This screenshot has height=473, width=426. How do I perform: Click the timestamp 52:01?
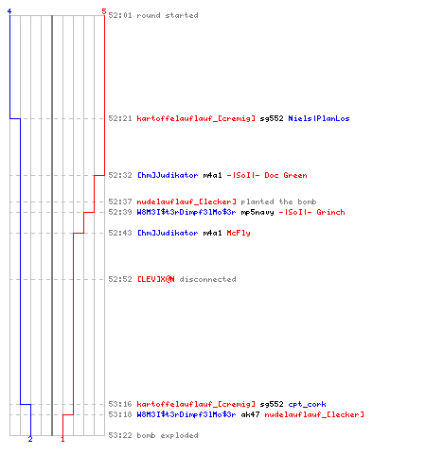tap(120, 15)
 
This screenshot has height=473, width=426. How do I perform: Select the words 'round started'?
tap(168, 15)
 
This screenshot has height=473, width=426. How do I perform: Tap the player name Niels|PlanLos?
tap(319, 118)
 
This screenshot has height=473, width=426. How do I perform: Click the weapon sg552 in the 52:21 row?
tap(272, 119)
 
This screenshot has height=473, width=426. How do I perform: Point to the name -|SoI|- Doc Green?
tap(267, 175)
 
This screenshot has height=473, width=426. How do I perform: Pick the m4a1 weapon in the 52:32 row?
tap(212, 175)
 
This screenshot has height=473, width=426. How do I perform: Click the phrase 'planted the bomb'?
tap(278, 201)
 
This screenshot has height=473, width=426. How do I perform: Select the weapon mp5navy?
tap(257, 213)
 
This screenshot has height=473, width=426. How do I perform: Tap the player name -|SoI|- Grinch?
tap(311, 212)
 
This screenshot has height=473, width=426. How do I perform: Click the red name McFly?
tap(239, 233)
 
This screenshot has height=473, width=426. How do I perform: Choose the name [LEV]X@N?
tap(155, 279)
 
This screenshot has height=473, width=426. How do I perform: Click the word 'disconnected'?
tap(207, 279)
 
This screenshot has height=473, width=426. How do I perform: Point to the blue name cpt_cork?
tap(307, 404)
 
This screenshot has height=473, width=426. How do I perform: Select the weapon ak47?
tap(250, 414)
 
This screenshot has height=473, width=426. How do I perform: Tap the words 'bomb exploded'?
tap(168, 435)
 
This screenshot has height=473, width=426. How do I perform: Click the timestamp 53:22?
tap(120, 435)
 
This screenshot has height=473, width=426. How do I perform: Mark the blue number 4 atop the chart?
tap(9, 11)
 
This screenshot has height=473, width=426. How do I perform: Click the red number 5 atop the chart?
tap(104, 11)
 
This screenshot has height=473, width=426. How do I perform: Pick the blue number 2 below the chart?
tap(30, 439)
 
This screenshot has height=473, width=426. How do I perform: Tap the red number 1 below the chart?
tap(62, 439)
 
